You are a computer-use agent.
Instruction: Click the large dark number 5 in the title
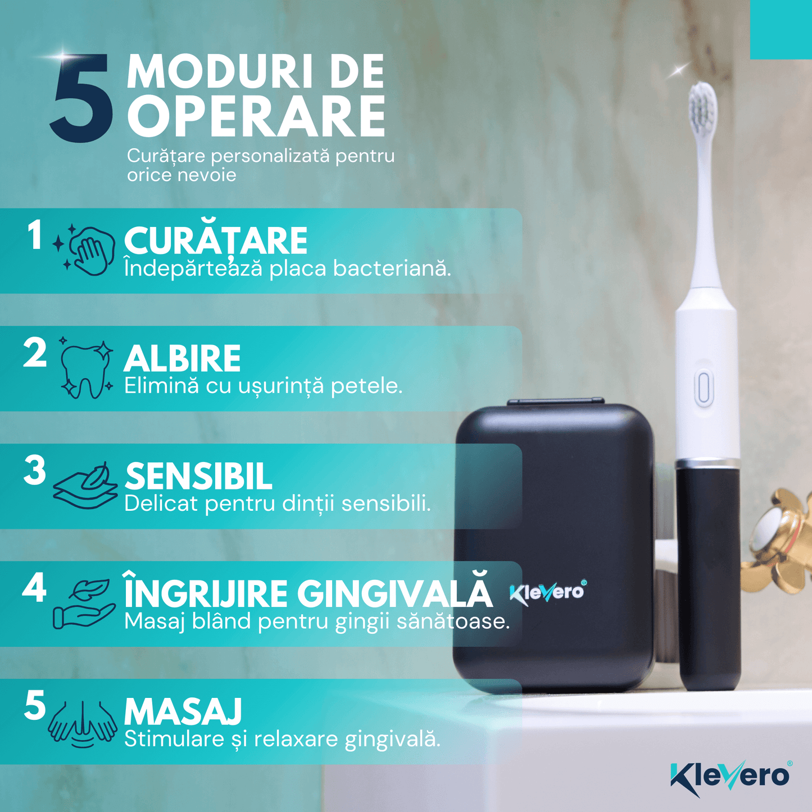pyautogui.click(x=82, y=98)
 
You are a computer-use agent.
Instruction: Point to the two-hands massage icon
pyautogui.click(x=83, y=723)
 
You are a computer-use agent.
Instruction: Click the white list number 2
pyautogui.click(x=35, y=353)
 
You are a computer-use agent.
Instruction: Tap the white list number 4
pyautogui.click(x=34, y=589)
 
